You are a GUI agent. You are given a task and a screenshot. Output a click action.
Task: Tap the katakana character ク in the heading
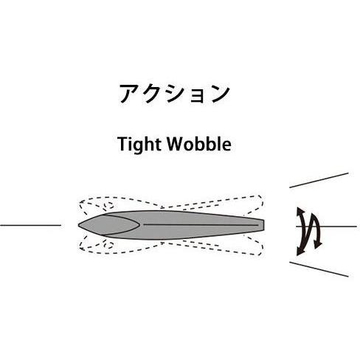click(151, 94)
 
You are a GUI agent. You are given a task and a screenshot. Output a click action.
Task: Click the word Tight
click(139, 145)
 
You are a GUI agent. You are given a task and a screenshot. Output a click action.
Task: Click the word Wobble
click(199, 144)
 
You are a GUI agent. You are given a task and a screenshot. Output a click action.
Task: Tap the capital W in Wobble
click(176, 144)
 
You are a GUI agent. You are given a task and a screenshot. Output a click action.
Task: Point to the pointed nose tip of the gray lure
click(78, 225)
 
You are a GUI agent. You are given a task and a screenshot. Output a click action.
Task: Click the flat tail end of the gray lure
click(263, 225)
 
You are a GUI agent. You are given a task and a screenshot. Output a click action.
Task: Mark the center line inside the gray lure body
click(201, 225)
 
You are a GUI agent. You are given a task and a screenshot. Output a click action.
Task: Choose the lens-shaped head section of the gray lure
click(109, 225)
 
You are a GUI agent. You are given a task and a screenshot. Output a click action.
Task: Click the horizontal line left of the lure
click(30, 225)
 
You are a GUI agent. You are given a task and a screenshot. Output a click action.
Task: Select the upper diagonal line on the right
click(319, 180)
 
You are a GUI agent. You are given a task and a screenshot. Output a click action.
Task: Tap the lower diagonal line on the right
click(319, 269)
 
